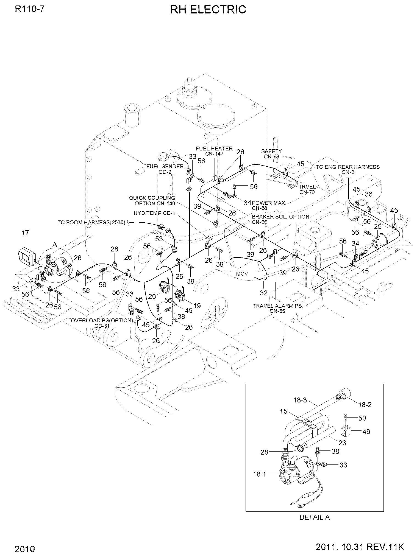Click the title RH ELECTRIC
[208, 10]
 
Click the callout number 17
[25, 233]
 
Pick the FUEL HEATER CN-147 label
[214, 151]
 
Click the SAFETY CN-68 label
[271, 154]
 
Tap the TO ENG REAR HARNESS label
[348, 167]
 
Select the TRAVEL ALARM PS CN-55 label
[277, 309]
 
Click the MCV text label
[242, 274]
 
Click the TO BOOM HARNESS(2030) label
[91, 222]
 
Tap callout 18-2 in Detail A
[365, 404]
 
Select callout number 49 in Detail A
[366, 432]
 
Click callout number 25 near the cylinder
[378, 227]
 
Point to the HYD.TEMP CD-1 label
[154, 213]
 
